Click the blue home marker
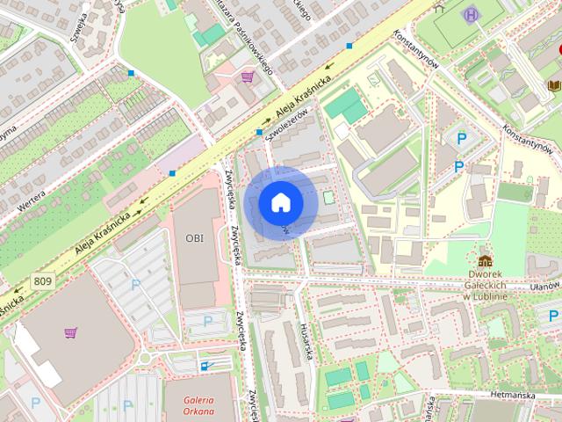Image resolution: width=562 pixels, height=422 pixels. tap(280, 202)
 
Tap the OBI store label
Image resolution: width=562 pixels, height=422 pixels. tap(194, 237)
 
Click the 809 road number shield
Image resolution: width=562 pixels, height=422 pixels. tap(42, 281)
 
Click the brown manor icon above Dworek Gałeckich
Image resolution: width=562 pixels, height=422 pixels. tap(485, 262)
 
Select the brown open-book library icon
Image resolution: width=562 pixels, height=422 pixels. tap(554, 85)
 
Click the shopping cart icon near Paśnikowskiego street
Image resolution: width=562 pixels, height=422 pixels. tap(248, 77)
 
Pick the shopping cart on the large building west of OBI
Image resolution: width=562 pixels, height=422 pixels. tap(70, 333)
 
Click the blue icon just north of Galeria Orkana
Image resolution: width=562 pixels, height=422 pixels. tap(206, 365)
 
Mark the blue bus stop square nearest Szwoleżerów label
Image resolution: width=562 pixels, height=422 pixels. tap(260, 132)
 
